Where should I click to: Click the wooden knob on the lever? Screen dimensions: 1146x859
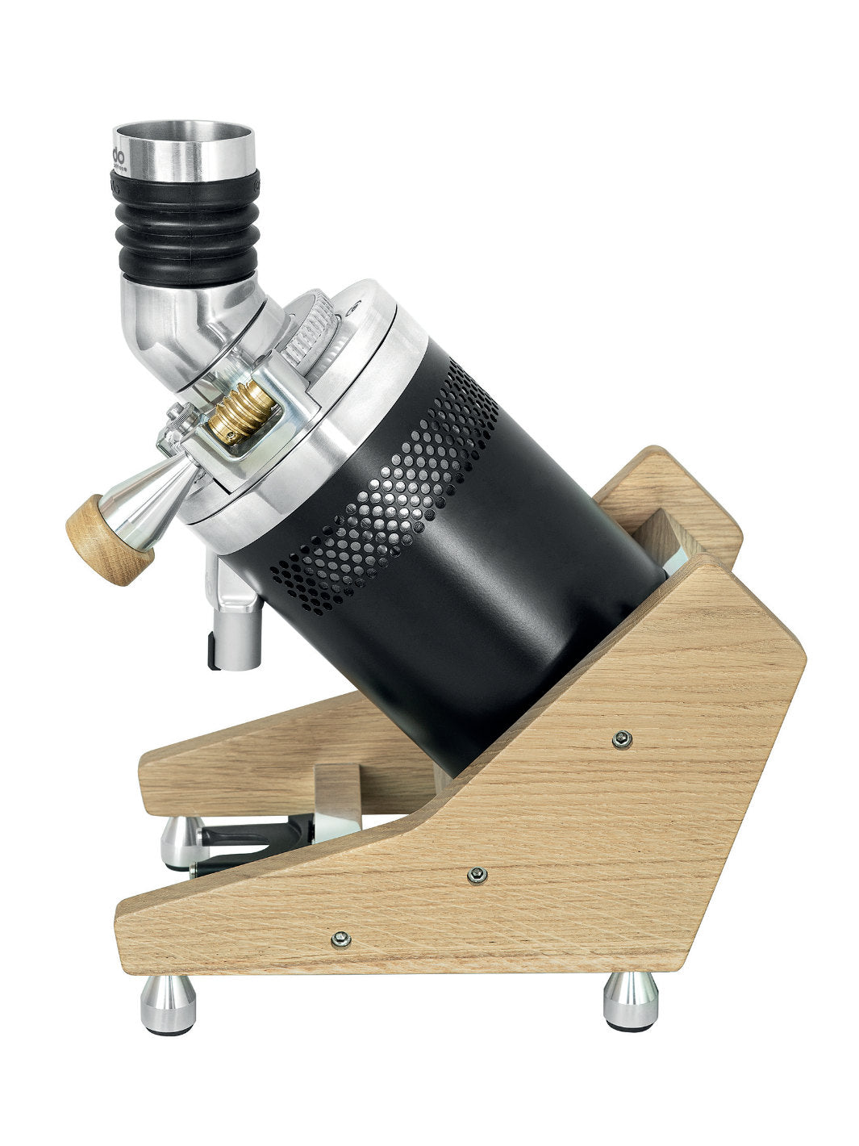(x=109, y=539)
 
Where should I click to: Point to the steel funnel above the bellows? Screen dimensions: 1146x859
(x=185, y=148)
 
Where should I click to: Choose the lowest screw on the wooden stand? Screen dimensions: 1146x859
(x=341, y=938)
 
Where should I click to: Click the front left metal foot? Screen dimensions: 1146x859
(x=169, y=1004)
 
